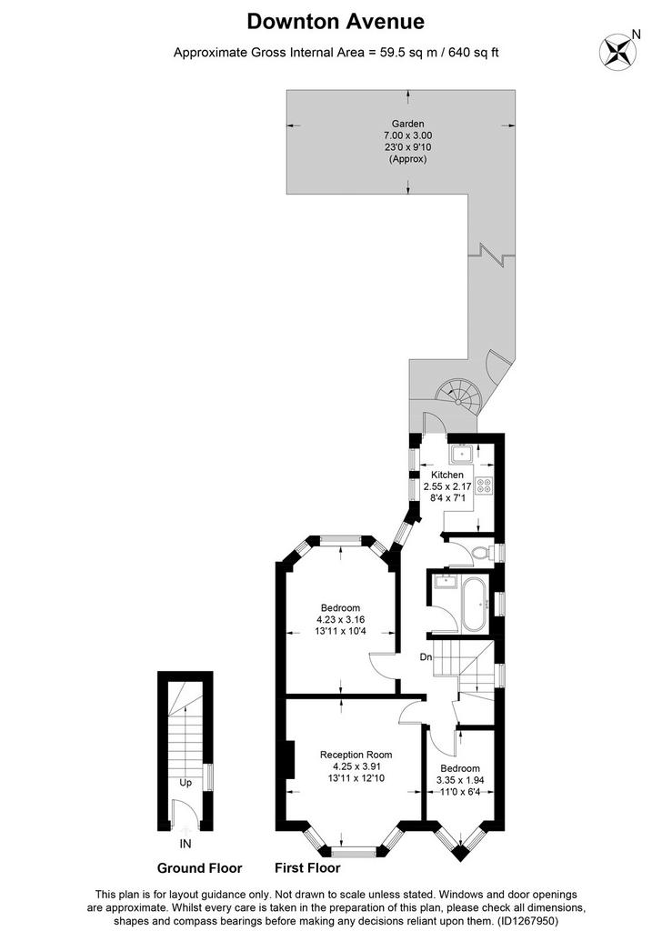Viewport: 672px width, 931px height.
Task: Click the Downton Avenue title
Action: pyautogui.click(x=336, y=22)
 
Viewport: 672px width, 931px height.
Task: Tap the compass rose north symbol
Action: pyautogui.click(x=617, y=51)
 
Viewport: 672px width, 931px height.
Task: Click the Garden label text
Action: pyautogui.click(x=407, y=124)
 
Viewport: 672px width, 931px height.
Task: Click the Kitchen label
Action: pyautogui.click(x=447, y=475)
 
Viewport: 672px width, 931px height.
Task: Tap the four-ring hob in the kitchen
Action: pyautogui.click(x=484, y=486)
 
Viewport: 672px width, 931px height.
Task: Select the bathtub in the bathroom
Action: pyautogui.click(x=475, y=604)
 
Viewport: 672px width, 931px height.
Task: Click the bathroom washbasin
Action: pyautogui.click(x=445, y=579)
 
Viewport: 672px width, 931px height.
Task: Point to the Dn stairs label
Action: pyautogui.click(x=426, y=657)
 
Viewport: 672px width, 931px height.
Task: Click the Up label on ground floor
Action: pyautogui.click(x=186, y=783)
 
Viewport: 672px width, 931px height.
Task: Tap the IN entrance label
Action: pyautogui.click(x=186, y=843)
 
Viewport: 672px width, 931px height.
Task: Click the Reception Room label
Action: pyautogui.click(x=356, y=755)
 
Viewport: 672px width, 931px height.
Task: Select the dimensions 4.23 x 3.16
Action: pyautogui.click(x=340, y=619)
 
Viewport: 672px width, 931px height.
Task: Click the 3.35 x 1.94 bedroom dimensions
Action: pyautogui.click(x=460, y=780)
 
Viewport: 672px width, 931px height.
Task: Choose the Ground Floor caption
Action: pyautogui.click(x=199, y=868)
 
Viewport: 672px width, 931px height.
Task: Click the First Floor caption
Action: pyautogui.click(x=307, y=868)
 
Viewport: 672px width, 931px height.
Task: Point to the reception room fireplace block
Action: pyautogui.click(x=290, y=759)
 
